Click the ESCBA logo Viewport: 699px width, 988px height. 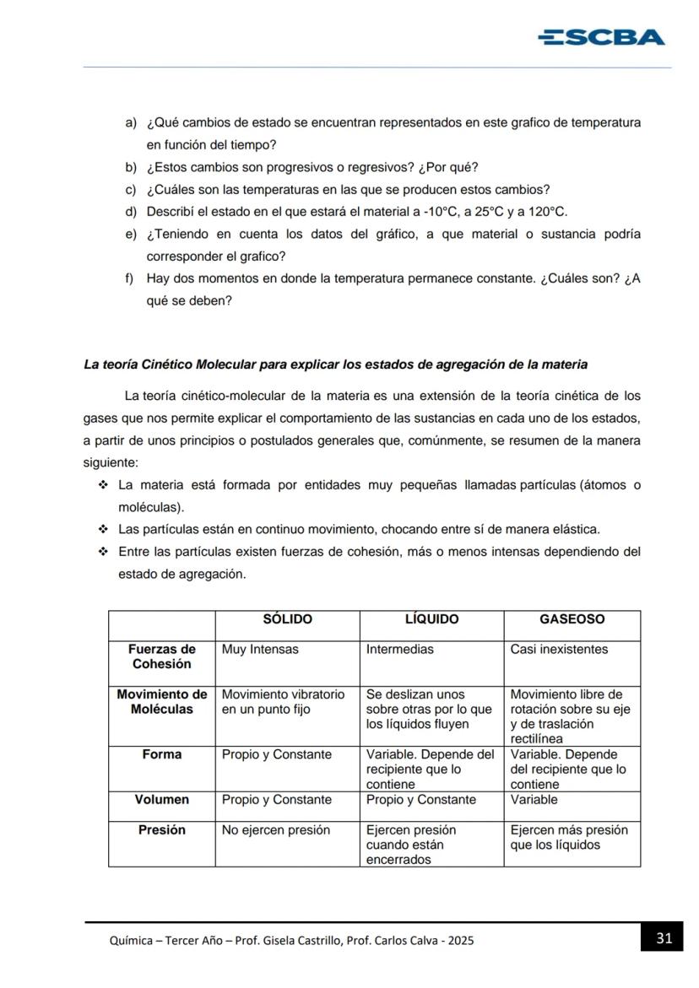[x=601, y=37]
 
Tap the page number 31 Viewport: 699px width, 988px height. [x=664, y=938]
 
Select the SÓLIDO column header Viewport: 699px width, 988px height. [x=287, y=619]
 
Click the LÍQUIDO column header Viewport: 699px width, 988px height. [x=431, y=619]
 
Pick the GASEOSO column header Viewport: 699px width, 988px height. [x=572, y=619]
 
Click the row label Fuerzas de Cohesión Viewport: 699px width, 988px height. [x=161, y=656]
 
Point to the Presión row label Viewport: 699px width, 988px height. [x=161, y=830]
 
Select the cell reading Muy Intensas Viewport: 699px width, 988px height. [x=260, y=650]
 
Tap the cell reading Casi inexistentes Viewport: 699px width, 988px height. [x=559, y=650]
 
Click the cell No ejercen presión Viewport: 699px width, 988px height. [x=275, y=830]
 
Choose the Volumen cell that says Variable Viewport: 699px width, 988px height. [x=534, y=800]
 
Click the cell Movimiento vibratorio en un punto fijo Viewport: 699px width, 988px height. [x=283, y=702]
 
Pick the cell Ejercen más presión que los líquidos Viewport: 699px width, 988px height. [x=568, y=837]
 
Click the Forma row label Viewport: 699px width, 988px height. [x=161, y=754]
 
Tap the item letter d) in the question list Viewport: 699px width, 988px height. [x=131, y=212]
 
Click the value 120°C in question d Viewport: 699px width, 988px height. [x=548, y=212]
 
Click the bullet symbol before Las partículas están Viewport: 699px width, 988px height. [x=103, y=530]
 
